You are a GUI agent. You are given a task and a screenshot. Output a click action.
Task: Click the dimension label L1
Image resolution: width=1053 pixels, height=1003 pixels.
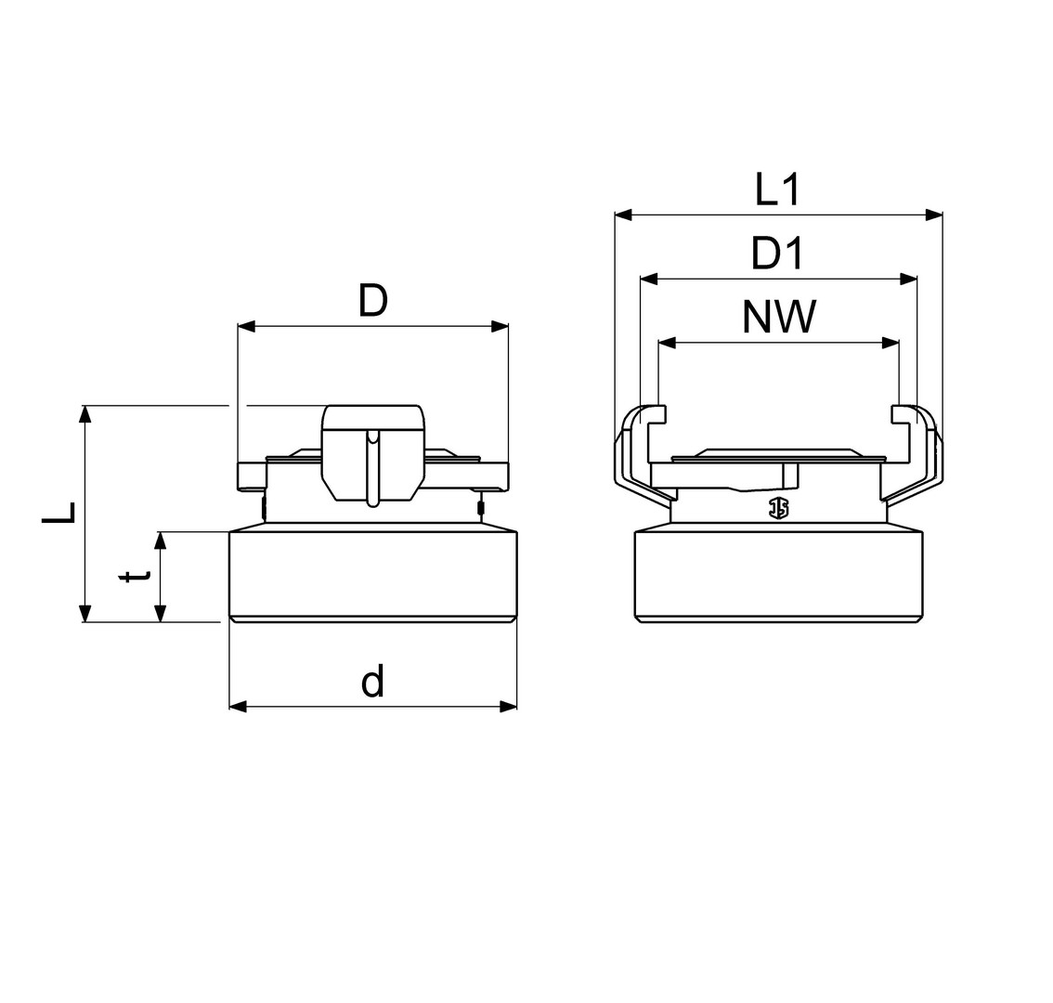[777, 189]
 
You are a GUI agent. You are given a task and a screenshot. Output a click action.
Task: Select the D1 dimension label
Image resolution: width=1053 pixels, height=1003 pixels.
[777, 254]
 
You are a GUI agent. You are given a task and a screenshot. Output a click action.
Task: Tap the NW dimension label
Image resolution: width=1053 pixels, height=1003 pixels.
[779, 317]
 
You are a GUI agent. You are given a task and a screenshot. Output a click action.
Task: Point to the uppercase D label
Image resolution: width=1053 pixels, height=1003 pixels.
[372, 301]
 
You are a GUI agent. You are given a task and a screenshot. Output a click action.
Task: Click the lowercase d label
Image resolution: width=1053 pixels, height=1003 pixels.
[372, 681]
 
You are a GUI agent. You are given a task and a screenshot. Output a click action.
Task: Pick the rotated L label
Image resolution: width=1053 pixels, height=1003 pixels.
[59, 513]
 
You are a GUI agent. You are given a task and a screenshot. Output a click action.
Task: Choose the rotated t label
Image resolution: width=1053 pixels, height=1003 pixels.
[136, 577]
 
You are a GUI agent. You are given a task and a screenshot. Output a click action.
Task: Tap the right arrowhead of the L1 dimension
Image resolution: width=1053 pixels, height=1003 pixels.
[933, 215]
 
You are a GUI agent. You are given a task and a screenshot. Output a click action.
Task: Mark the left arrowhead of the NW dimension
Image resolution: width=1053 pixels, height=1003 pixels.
[667, 344]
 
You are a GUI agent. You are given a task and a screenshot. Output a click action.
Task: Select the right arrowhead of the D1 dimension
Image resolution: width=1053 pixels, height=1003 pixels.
[908, 278]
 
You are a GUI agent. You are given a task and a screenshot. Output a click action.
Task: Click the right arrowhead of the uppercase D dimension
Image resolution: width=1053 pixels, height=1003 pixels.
[500, 327]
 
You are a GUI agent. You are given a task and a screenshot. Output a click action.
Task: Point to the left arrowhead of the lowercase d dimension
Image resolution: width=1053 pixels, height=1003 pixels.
[239, 706]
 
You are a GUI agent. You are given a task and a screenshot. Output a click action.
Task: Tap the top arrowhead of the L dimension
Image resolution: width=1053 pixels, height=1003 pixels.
[84, 414]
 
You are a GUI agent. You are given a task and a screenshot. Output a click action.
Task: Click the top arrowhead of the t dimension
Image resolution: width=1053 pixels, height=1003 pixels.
[160, 541]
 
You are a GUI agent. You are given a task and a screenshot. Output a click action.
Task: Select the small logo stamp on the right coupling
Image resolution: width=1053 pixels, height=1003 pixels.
[780, 509]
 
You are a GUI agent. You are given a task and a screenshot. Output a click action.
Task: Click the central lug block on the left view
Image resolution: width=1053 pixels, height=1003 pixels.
[372, 453]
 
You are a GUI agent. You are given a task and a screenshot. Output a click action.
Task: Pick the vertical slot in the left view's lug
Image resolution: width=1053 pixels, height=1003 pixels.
[372, 467]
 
